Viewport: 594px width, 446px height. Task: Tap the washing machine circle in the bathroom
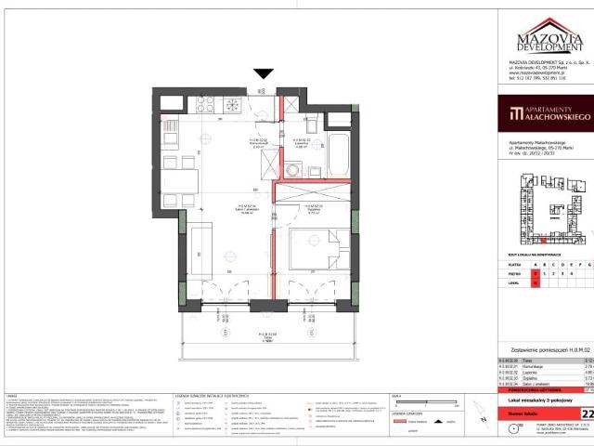(x=295, y=169)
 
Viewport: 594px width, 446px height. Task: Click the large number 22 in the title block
(x=588, y=413)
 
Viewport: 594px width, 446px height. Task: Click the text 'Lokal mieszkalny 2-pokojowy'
(x=539, y=396)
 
